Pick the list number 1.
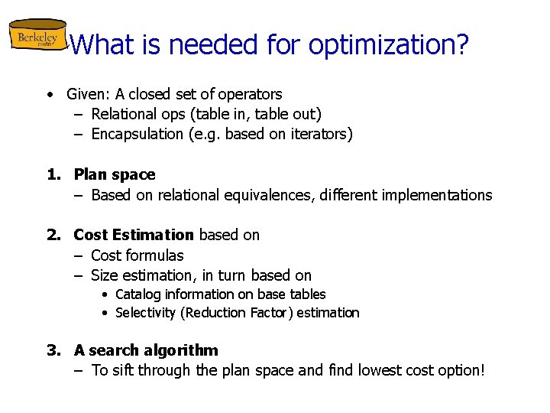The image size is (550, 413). click(x=53, y=174)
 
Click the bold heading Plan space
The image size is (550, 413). click(x=115, y=174)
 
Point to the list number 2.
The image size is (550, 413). click(x=53, y=235)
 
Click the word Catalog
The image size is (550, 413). click(x=139, y=294)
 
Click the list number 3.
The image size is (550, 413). click(x=53, y=350)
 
